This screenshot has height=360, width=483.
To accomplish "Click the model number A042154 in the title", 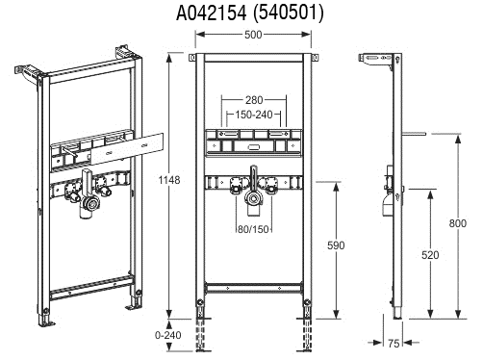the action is (x=212, y=13).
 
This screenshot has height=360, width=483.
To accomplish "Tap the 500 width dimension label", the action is (x=253, y=35).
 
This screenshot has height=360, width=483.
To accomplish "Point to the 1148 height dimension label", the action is (x=169, y=180).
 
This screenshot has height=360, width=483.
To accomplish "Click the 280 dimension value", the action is (x=254, y=100).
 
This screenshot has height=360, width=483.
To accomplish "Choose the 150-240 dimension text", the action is (x=254, y=115).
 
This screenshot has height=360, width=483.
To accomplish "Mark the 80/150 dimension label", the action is (x=253, y=229).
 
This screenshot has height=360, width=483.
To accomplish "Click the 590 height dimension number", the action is (x=336, y=245).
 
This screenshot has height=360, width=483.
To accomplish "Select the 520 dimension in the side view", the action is (x=430, y=255).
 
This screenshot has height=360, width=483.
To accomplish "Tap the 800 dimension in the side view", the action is (x=457, y=223).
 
